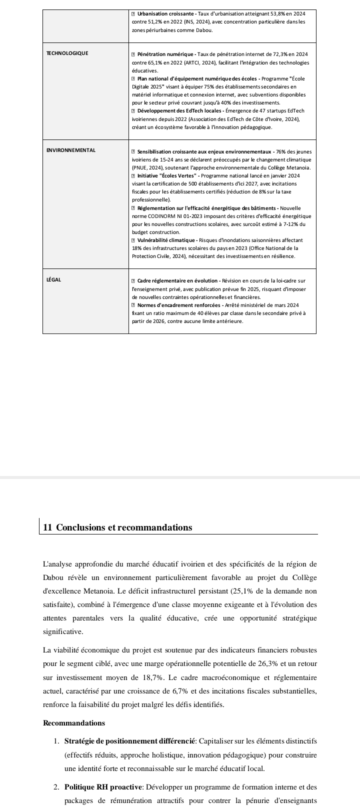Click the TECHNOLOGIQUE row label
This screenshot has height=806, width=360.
(67, 53)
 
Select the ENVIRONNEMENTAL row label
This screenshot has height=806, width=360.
(70, 150)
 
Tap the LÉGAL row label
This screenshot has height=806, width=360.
(53, 279)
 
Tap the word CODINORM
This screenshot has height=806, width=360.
(151, 216)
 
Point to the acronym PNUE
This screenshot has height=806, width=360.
(141, 167)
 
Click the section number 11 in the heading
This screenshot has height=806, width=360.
(48, 527)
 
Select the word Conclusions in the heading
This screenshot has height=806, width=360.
(79, 527)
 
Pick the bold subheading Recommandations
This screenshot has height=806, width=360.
(74, 723)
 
